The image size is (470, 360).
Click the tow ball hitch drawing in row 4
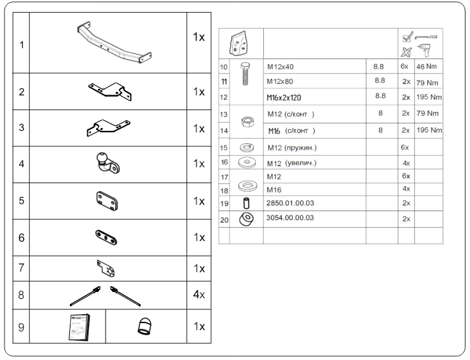pyautogui.click(x=108, y=163)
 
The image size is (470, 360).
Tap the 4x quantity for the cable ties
pyautogui.click(x=199, y=294)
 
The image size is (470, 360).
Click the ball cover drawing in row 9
pyautogui.click(x=144, y=326)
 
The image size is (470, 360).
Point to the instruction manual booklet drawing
pyautogui.click(x=79, y=328)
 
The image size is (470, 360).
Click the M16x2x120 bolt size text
pyautogui.click(x=284, y=98)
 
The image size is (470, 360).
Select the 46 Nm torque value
pyautogui.click(x=426, y=67)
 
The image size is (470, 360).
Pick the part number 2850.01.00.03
pyautogui.click(x=290, y=203)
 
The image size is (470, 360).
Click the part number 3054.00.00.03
pyautogui.click(x=290, y=218)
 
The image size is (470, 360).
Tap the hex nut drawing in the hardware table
pyautogui.click(x=248, y=121)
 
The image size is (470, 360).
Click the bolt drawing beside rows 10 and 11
pyautogui.click(x=245, y=74)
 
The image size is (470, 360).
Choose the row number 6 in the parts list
pyautogui.click(x=21, y=238)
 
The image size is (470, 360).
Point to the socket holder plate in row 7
pyautogui.click(x=106, y=268)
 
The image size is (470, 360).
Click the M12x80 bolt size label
pyautogui.click(x=280, y=81)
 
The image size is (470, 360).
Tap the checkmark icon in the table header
pyautogui.click(x=408, y=37)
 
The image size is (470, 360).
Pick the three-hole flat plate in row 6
pyautogui.click(x=106, y=237)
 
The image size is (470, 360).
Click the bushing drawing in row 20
pyautogui.click(x=246, y=219)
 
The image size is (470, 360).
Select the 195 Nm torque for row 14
pyautogui.click(x=429, y=130)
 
